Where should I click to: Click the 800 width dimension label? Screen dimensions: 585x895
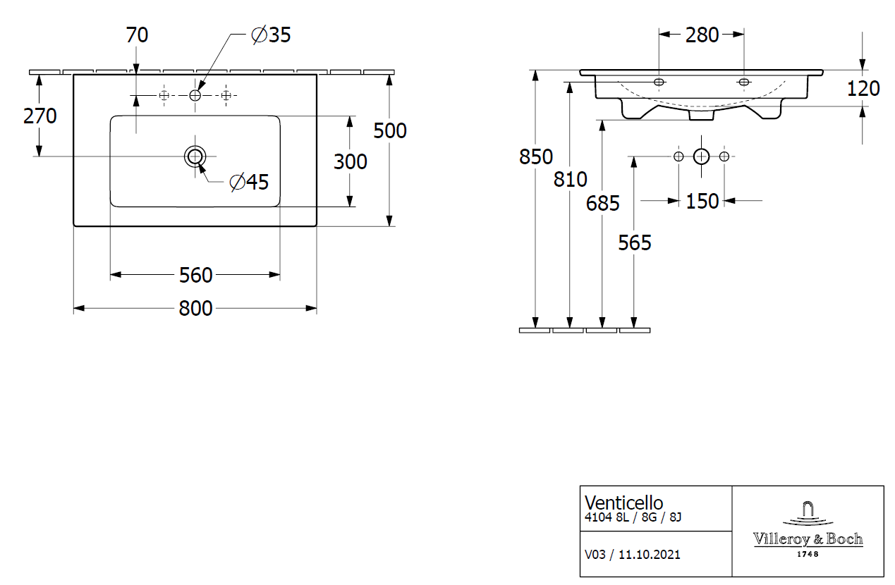click(195, 309)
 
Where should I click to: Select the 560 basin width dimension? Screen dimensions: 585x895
click(195, 275)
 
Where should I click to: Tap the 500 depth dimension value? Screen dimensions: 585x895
click(390, 130)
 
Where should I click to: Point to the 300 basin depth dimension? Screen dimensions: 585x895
click(351, 161)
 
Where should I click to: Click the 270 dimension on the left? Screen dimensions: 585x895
click(39, 116)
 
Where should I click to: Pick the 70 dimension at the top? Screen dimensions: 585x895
click(137, 35)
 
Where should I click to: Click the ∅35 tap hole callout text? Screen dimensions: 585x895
click(272, 35)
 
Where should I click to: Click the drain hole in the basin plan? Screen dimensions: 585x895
click(195, 156)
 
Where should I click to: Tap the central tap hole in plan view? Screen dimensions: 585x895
click(195, 95)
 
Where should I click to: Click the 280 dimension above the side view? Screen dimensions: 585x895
click(702, 35)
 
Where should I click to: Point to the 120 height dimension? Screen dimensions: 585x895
click(863, 89)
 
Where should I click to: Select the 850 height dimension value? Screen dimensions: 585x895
click(536, 156)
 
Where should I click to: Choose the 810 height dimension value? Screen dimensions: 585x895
click(570, 180)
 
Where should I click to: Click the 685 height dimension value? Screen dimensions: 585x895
click(603, 204)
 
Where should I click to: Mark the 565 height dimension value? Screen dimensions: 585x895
click(635, 243)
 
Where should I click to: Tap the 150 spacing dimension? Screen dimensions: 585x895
click(702, 202)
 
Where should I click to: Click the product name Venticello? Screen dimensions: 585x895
click(624, 503)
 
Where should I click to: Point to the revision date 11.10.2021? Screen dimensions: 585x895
click(650, 555)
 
